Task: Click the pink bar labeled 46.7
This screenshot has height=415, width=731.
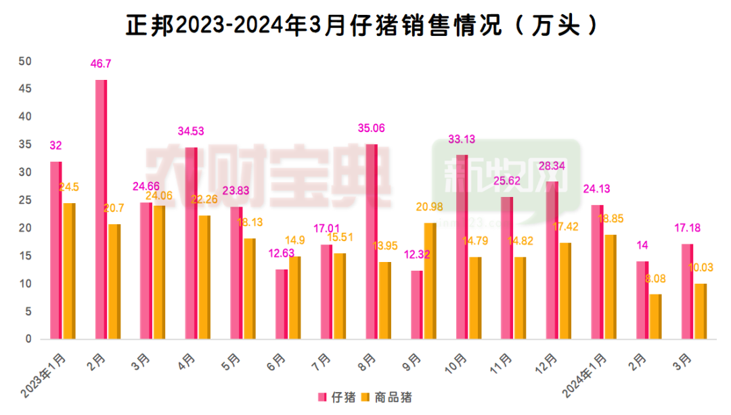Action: pos(101,209)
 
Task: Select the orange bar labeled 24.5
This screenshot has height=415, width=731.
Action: pos(68,271)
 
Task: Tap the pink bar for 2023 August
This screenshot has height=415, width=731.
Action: pos(372,241)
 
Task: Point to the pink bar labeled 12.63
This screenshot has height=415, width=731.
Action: pos(282,304)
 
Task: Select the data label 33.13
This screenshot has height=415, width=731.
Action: pos(462,139)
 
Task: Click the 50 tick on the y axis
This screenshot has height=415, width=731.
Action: pos(26,62)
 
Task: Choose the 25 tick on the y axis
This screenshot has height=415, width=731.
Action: pos(26,200)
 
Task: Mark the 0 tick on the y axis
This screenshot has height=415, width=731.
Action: pos(28,339)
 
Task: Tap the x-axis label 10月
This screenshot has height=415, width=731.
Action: pos(456,362)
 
